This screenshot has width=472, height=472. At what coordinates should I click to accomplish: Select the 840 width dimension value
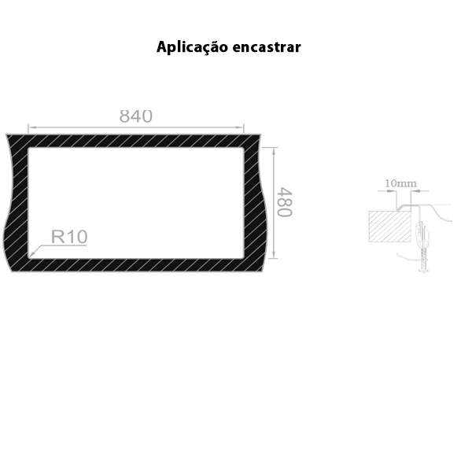click(x=135, y=116)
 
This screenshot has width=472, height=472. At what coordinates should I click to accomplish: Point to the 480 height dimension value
click(x=284, y=202)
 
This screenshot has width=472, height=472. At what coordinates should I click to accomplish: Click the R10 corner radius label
click(x=69, y=236)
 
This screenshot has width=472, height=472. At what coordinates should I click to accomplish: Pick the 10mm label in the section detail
click(x=401, y=184)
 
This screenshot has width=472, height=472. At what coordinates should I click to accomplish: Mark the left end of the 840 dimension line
click(x=28, y=127)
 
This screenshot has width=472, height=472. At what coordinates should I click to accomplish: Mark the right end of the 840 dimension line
click(x=243, y=127)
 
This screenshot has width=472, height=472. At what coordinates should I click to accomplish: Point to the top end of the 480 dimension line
click(x=273, y=148)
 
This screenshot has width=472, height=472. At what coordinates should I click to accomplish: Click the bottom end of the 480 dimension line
click(x=273, y=257)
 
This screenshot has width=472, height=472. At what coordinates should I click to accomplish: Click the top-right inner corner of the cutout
click(x=243, y=148)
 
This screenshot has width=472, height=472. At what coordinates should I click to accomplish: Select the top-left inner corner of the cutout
click(x=28, y=148)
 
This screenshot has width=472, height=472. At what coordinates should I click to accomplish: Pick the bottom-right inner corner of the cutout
click(x=243, y=257)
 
